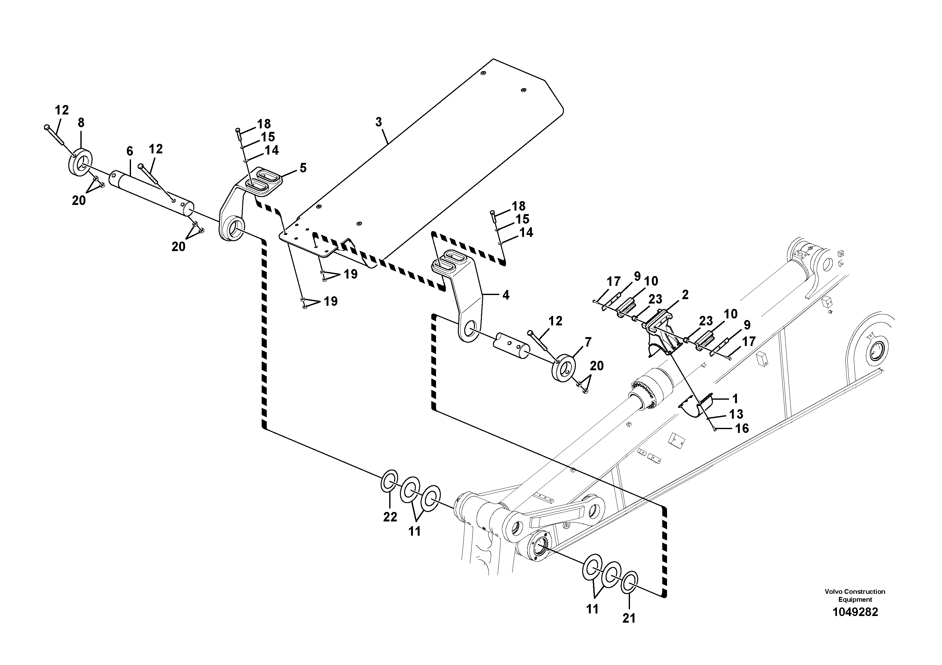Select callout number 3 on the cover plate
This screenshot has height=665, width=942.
coord(378,122)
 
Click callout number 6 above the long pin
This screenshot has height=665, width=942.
coord(130,151)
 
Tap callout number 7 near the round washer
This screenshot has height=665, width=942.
coord(588,342)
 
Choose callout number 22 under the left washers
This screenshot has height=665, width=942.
coord(390,517)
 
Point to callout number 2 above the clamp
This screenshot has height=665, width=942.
coord(685,295)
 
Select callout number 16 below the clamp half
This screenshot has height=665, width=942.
coord(742,428)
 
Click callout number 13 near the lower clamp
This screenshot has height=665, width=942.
coord(736,414)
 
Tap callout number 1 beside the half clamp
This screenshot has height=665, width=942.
coord(735,398)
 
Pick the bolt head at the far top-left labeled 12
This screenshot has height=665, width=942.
coord(47,127)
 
